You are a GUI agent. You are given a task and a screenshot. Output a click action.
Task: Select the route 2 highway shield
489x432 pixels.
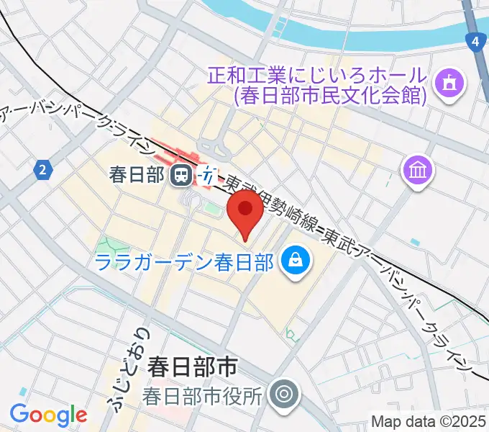pos(43,170)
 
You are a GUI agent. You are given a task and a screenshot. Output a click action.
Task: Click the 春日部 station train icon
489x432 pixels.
pos(180,174)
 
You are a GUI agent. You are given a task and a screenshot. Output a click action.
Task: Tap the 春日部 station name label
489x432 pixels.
pos(137,174)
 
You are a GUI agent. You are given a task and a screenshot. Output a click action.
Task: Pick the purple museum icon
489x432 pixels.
pos(417,171)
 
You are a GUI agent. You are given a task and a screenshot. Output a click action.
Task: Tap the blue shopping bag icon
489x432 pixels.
pos(295,260)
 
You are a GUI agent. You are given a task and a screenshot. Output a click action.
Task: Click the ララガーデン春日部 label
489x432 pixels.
pos(184,261)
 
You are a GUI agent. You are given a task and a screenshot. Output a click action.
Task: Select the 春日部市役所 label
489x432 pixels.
pos(203,395)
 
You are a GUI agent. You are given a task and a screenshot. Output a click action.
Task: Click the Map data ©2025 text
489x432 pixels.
pos(429,421)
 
